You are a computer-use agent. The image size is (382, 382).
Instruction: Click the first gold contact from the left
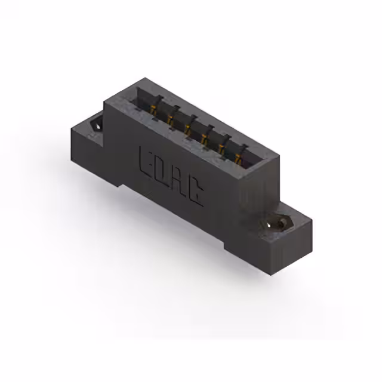(153, 110)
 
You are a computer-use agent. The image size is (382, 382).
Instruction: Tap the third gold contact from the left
(187, 129)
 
